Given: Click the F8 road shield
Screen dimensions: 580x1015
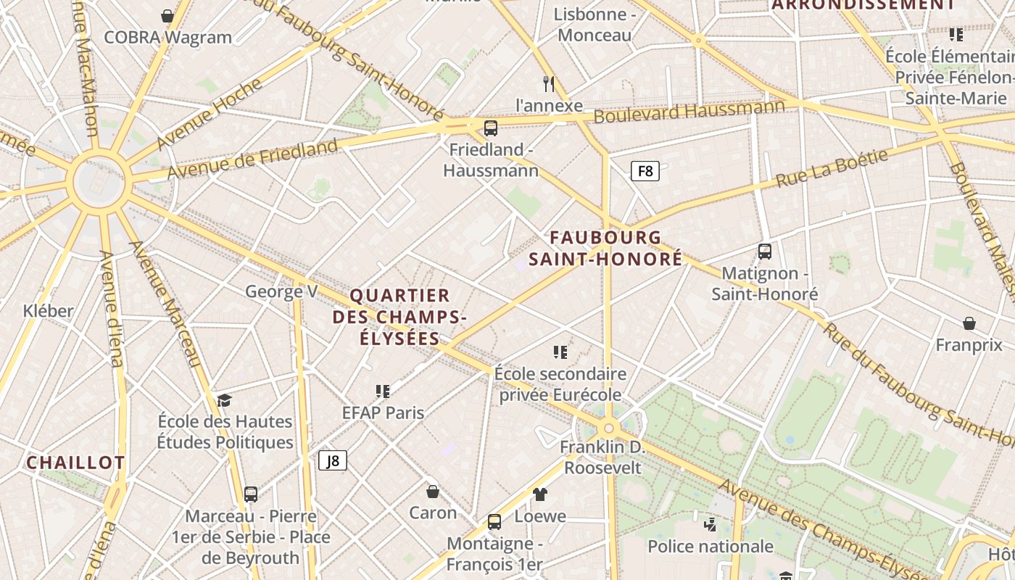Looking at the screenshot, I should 645,171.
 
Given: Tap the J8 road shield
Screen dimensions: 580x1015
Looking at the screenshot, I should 333,460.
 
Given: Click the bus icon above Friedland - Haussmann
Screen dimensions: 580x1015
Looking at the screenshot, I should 491,128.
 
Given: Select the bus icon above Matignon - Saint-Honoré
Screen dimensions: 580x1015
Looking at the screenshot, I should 764,252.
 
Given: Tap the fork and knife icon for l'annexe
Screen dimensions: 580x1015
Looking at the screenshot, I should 549,84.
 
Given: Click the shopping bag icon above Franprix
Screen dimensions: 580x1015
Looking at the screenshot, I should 969,323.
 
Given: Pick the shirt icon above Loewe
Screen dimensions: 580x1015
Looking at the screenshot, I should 540,494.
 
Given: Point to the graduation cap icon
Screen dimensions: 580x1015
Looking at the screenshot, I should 224,401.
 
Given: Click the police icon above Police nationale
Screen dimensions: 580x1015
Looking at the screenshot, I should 710,524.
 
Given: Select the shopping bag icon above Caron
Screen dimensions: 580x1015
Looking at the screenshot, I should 433,492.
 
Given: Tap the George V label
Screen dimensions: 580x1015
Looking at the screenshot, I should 281,291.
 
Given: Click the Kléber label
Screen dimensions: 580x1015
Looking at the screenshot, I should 49,311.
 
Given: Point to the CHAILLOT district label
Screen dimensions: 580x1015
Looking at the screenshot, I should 75,463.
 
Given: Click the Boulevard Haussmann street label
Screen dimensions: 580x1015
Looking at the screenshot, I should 689,111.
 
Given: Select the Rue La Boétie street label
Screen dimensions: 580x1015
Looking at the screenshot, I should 832,169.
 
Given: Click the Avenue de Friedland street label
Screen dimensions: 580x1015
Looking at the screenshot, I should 252,159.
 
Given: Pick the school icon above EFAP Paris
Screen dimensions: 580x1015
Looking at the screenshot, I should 383,391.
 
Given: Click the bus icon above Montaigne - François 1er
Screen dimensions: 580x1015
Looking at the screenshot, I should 494,522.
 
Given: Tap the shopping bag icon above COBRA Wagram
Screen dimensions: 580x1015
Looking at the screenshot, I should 167,16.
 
